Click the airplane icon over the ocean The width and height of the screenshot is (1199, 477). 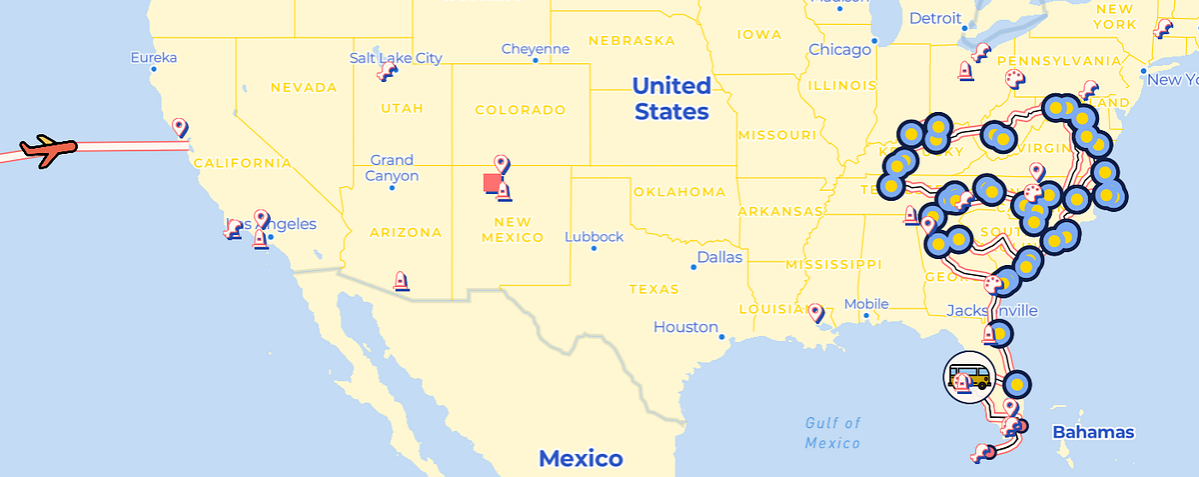pos(48,151)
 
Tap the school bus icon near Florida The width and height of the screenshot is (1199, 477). pos(968,376)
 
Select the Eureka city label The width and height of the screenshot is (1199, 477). pos(153,57)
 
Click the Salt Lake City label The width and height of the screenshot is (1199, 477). pos(396,58)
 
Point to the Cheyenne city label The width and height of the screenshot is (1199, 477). pos(535,49)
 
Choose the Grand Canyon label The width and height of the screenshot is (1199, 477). pos(392,167)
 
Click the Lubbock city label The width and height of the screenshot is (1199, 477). pos(594,237)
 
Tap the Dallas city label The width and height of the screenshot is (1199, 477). pos(719,257)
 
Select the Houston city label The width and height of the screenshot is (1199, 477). pos(685,327)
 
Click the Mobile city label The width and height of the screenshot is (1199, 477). pos(865,304)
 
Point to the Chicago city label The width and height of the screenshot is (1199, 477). pos(839,49)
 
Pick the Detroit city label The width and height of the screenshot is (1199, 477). pos(934,18)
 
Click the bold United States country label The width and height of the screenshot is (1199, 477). pos(670,98)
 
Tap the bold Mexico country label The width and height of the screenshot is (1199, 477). pos(581,459)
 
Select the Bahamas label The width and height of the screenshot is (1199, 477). pos(1093,432)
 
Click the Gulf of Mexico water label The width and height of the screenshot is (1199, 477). pos(832,433)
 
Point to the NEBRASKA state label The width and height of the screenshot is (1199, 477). pos(632,41)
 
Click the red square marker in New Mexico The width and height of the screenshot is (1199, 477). pos(492,182)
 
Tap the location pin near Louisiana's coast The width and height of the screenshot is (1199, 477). pos(816,313)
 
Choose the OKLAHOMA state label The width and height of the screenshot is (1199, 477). pos(678,191)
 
